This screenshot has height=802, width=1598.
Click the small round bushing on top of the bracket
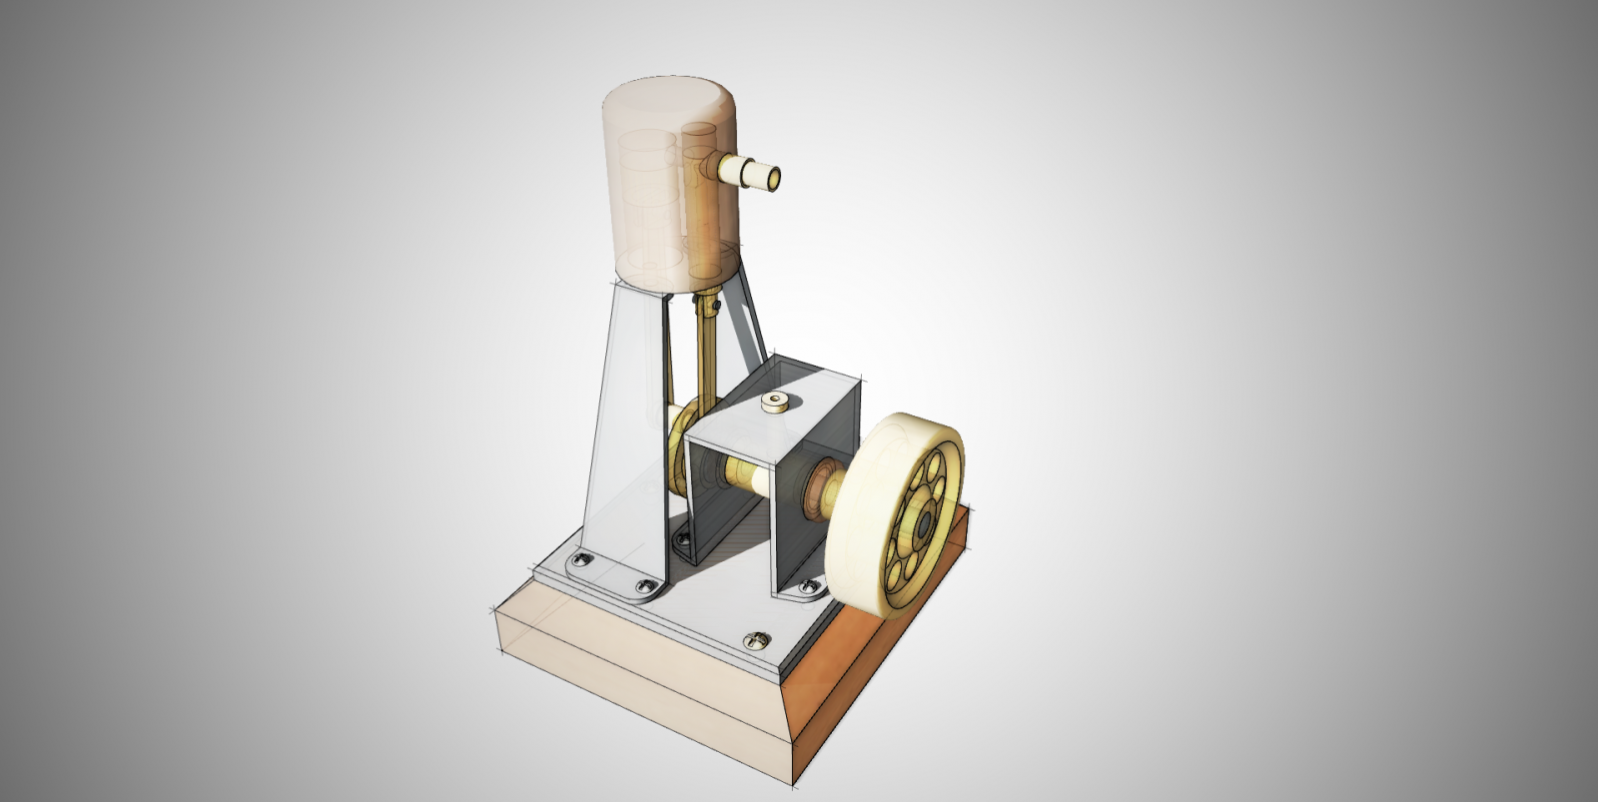coord(773,401)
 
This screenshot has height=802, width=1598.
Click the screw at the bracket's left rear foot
coord(683,538)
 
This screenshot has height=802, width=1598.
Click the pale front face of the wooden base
coord(639,679)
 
